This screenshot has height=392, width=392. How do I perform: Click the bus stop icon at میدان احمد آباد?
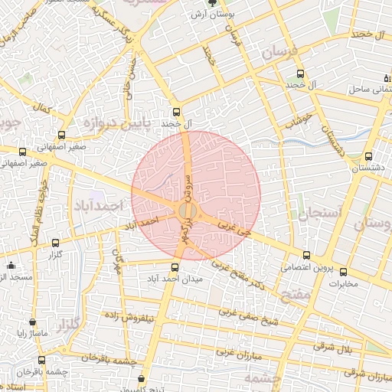[x=175, y=267]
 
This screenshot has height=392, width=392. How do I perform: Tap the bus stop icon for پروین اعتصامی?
[x=307, y=255]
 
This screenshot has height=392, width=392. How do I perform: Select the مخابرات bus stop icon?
[x=342, y=272]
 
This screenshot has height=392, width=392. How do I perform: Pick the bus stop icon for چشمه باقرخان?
[x=41, y=360]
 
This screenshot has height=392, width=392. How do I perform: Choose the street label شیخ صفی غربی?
[x=246, y=314]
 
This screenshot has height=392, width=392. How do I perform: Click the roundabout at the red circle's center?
[x=186, y=211]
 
